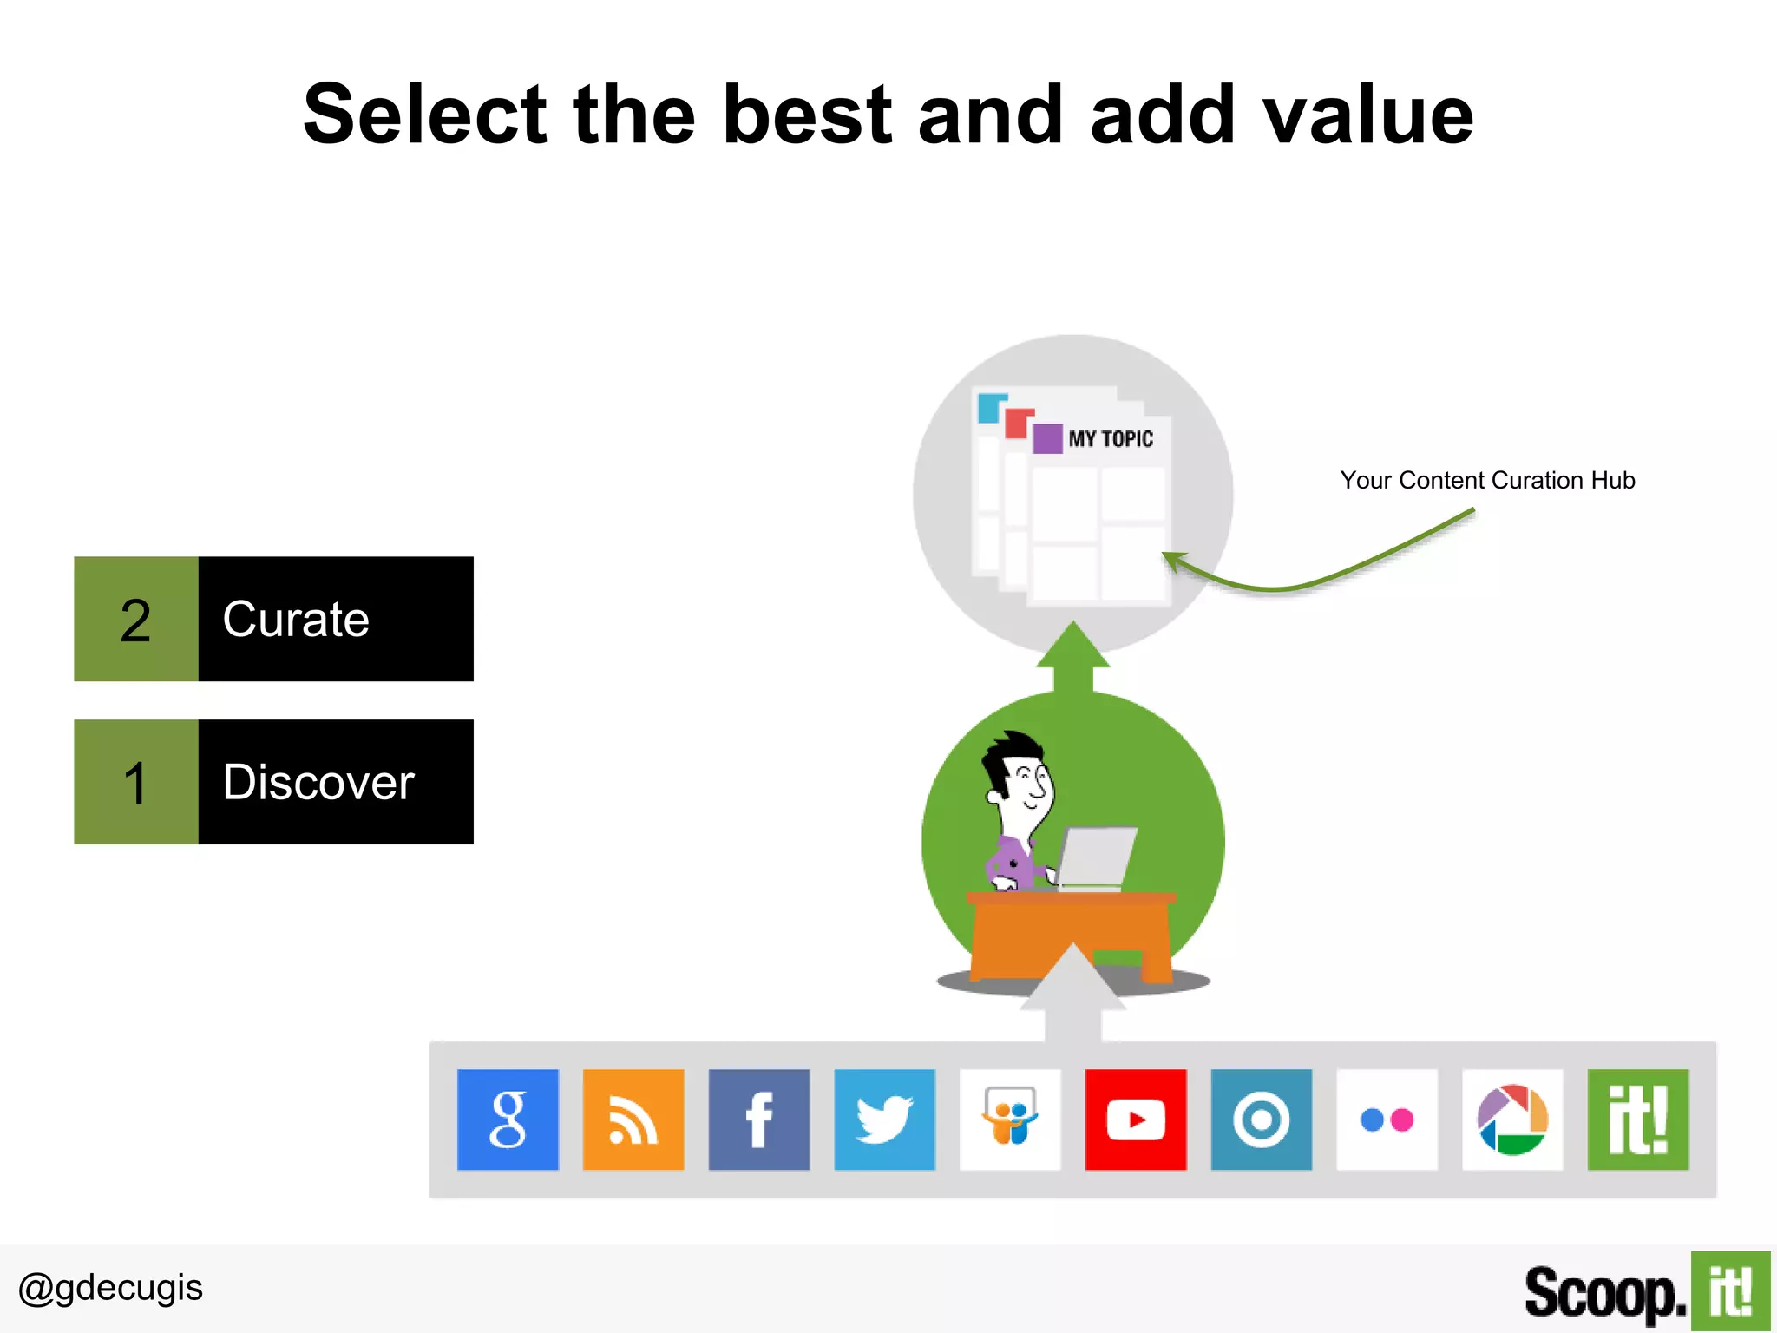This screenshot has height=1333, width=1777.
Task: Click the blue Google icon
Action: [x=508, y=1120]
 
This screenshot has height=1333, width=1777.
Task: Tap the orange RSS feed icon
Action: [x=633, y=1120]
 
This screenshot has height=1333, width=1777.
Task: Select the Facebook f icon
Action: [x=759, y=1120]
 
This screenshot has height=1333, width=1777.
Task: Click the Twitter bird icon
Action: [x=884, y=1120]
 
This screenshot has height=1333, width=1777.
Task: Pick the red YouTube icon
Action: [x=1136, y=1120]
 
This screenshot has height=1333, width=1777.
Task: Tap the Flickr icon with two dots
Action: [x=1387, y=1120]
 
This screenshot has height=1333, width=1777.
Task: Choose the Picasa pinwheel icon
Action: [x=1512, y=1120]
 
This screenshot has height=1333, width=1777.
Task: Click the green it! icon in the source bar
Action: [x=1638, y=1120]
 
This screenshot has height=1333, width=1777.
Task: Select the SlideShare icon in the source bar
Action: [x=1010, y=1120]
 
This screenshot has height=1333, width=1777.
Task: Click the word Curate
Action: [x=296, y=619]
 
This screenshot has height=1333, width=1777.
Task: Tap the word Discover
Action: [x=318, y=782]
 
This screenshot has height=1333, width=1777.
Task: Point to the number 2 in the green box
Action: [x=135, y=621]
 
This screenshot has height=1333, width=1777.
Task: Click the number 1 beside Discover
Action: [x=135, y=783]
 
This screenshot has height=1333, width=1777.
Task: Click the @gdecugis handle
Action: [x=110, y=1288]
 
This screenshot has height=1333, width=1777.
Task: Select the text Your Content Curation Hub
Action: [x=1487, y=480]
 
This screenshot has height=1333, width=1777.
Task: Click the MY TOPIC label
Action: [x=1111, y=439]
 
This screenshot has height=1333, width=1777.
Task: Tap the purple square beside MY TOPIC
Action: [x=1047, y=438]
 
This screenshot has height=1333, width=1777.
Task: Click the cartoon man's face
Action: [x=1028, y=781]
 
